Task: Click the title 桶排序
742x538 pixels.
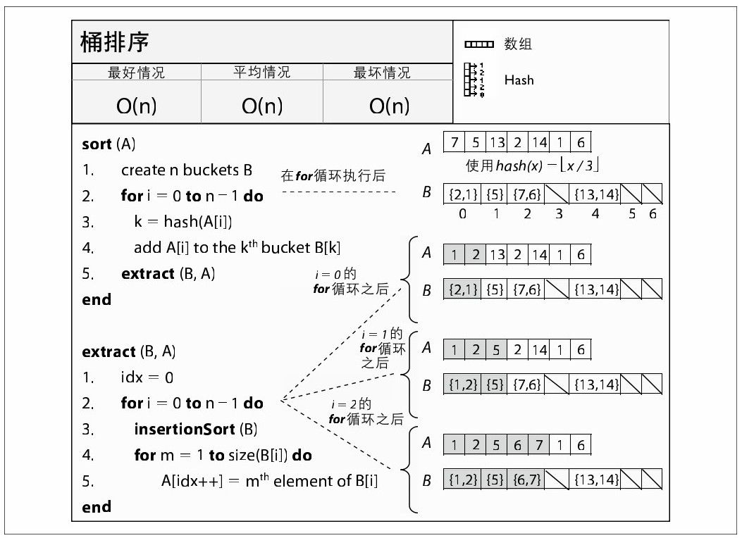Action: (x=115, y=42)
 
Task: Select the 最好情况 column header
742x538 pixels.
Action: (x=136, y=73)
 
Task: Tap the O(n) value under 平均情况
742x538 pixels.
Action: (x=262, y=106)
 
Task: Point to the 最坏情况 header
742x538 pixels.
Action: (x=382, y=73)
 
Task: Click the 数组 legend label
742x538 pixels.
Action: (x=518, y=44)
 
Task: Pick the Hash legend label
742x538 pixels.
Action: (x=519, y=80)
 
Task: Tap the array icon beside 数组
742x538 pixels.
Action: (x=479, y=45)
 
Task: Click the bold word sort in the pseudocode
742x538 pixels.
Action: (x=97, y=144)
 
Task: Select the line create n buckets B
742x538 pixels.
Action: (x=187, y=170)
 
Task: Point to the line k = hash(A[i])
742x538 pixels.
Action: (x=183, y=222)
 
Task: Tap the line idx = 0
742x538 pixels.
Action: (x=147, y=377)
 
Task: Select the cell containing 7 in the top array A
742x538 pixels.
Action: (x=455, y=142)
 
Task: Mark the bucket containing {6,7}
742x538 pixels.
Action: (x=527, y=480)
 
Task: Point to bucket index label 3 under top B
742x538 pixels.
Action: (x=559, y=214)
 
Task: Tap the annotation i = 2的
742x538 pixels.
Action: (x=351, y=405)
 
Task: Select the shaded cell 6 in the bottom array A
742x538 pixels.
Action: (x=518, y=445)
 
